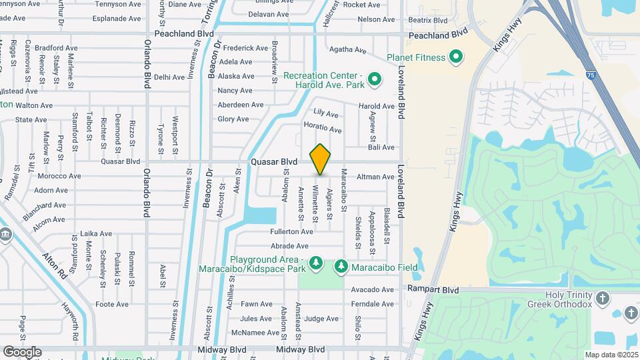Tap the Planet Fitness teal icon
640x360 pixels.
[x=456, y=57]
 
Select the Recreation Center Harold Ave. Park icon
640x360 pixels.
[x=374, y=81]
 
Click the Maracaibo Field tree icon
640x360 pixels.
[x=341, y=267]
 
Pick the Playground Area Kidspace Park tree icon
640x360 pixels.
[x=317, y=264]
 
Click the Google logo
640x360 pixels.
[x=22, y=351]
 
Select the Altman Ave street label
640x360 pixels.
[x=376, y=177]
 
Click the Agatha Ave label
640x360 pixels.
[x=348, y=50]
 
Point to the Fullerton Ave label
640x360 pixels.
[x=291, y=232]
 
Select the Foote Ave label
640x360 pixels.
[x=112, y=305]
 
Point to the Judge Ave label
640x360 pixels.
[x=321, y=319]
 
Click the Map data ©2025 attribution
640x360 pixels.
[x=611, y=355]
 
